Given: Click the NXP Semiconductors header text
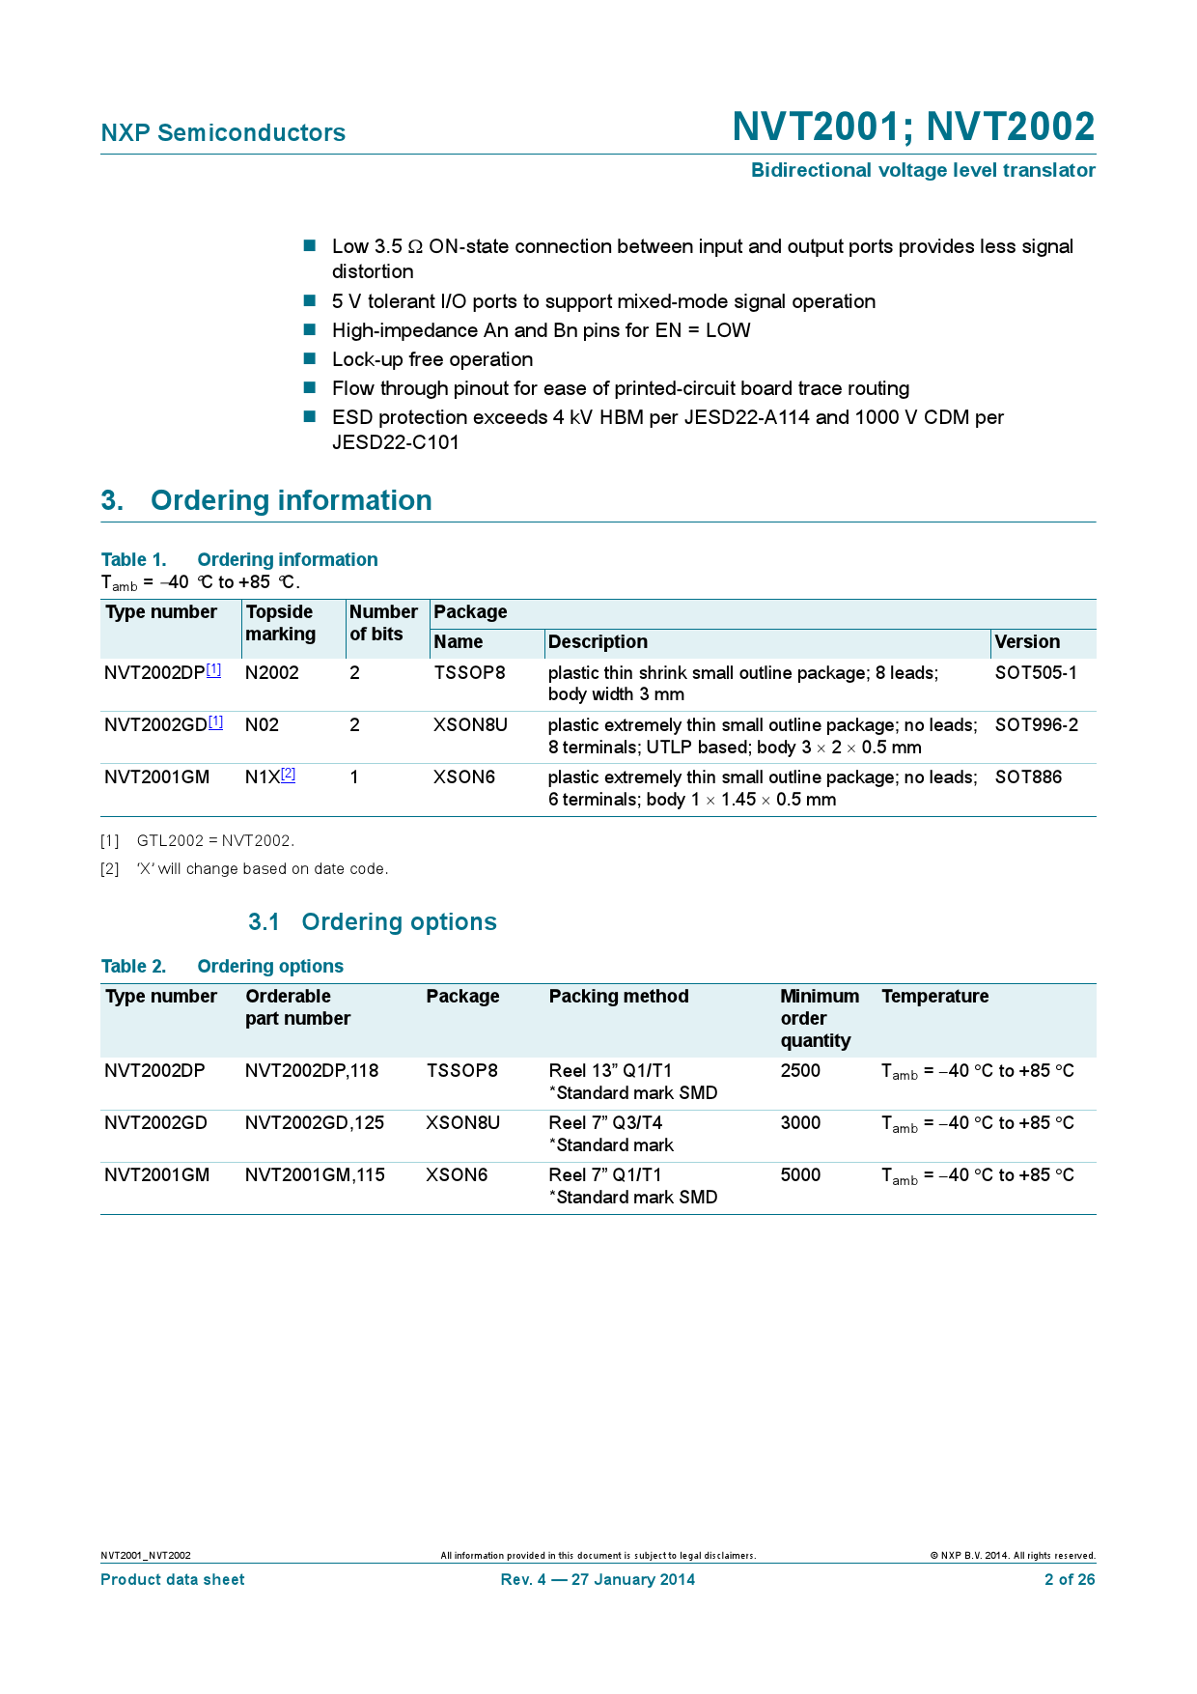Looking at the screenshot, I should click(223, 133).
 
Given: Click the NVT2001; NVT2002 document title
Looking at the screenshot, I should click(913, 127).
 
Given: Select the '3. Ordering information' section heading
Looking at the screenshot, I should click(266, 500).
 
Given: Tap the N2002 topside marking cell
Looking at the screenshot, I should click(272, 673).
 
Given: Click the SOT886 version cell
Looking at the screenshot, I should click(1028, 777).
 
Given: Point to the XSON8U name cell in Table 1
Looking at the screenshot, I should click(470, 725).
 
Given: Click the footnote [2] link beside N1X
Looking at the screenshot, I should click(289, 775).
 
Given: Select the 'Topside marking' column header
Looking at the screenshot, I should click(280, 623).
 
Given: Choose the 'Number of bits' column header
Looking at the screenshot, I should click(383, 623).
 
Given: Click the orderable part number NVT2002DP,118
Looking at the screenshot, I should click(312, 1071).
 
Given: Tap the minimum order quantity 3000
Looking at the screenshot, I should click(800, 1123).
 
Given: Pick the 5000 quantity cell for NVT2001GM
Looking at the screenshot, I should click(800, 1175).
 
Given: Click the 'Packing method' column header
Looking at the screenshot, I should click(619, 997).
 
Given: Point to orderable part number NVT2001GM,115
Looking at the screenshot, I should click(315, 1175).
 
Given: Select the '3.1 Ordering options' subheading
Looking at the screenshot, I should click(373, 922).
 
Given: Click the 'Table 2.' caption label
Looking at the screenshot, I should click(133, 967).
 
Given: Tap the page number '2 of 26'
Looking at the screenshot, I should click(1070, 1580).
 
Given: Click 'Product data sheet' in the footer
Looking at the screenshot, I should click(173, 1580).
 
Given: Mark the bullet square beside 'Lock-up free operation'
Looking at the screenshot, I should click(310, 359).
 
